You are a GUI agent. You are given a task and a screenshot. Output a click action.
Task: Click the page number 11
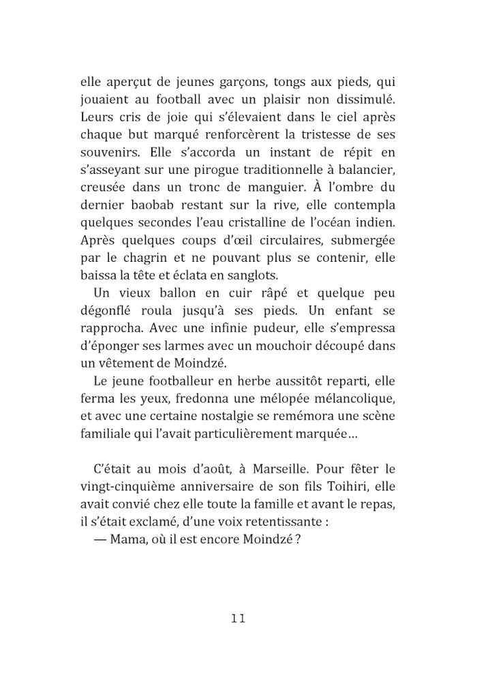click(x=238, y=619)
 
